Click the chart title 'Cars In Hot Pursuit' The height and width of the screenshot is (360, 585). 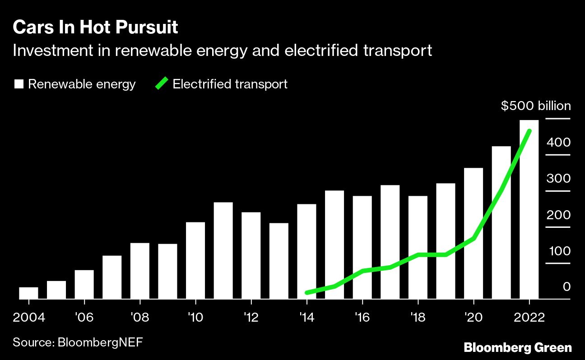click(95, 28)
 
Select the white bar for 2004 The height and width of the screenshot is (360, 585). click(28, 293)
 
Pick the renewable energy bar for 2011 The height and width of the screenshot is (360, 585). click(223, 250)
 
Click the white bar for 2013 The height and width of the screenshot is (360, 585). click(279, 261)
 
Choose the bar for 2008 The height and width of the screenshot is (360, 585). click(139, 271)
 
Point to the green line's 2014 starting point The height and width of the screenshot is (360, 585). click(307, 293)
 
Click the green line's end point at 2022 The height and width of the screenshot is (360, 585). click(529, 131)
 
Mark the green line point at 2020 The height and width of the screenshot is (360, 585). click(474, 238)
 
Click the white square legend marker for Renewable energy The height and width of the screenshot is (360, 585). click(19, 84)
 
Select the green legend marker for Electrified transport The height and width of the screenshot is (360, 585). click(162, 84)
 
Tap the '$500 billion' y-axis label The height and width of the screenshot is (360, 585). click(536, 106)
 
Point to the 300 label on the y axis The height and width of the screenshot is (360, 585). click(558, 179)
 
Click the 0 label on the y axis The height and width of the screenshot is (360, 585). click(566, 287)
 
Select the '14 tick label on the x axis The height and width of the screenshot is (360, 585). click(306, 317)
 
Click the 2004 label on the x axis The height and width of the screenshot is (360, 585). click(29, 317)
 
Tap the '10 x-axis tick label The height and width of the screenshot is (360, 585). click(195, 317)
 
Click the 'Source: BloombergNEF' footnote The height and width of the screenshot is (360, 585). click(78, 342)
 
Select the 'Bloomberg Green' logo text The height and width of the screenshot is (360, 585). click(518, 348)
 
